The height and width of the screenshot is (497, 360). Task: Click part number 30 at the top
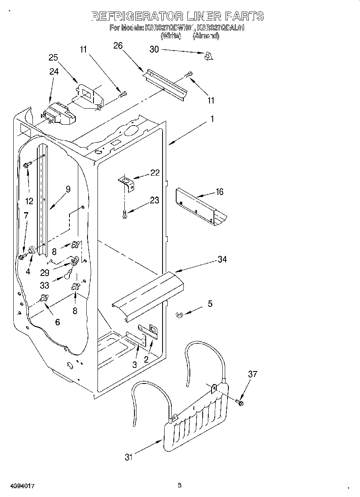pyautogui.click(x=154, y=49)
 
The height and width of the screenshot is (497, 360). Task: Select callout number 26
pyautogui.click(x=118, y=45)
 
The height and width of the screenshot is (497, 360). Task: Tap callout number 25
pyautogui.click(x=53, y=57)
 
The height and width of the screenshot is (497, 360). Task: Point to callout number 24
pyautogui.click(x=54, y=71)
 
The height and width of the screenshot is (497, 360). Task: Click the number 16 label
pyautogui.click(x=219, y=192)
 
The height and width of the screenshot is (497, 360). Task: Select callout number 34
pyautogui.click(x=222, y=260)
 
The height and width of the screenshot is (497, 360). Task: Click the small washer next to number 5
pyautogui.click(x=180, y=316)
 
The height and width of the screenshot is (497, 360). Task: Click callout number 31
pyautogui.click(x=128, y=457)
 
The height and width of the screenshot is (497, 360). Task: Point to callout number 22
pyautogui.click(x=155, y=172)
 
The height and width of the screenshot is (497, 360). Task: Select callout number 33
pyautogui.click(x=45, y=286)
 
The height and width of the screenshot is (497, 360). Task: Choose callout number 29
pyautogui.click(x=45, y=272)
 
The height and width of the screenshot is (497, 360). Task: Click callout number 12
pyautogui.click(x=29, y=201)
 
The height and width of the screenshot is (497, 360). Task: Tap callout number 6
pyautogui.click(x=57, y=322)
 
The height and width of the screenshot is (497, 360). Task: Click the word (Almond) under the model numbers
pyautogui.click(x=206, y=36)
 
